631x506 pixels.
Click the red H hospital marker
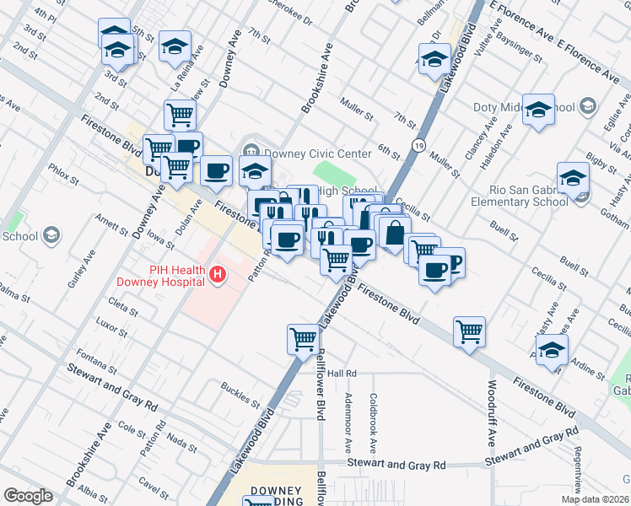(219, 274)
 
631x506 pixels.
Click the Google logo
(28, 496)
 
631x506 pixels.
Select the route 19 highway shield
(418, 146)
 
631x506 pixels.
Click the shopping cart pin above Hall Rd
(303, 339)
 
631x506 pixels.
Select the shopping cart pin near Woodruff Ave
(469, 331)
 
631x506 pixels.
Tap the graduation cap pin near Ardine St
(552, 350)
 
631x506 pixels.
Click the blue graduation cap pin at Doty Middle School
(537, 110)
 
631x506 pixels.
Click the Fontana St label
(95, 360)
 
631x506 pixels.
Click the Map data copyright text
(595, 499)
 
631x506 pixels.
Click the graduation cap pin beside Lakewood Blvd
(434, 59)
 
